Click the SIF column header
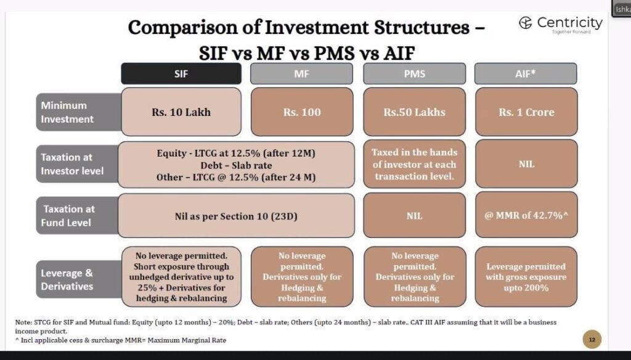[x=181, y=74]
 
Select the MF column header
[x=303, y=74]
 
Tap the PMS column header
[x=414, y=74]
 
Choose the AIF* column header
[x=526, y=74]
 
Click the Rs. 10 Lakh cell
[x=181, y=112]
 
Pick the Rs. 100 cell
[x=302, y=112]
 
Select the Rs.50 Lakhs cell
[x=414, y=112]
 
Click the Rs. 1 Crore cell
[x=526, y=112]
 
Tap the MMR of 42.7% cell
[x=526, y=216]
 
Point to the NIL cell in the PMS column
[x=414, y=216]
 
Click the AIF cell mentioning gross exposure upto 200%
[x=526, y=277]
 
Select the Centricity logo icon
[x=525, y=23]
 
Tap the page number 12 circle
[x=592, y=339]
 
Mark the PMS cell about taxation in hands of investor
[x=414, y=164]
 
